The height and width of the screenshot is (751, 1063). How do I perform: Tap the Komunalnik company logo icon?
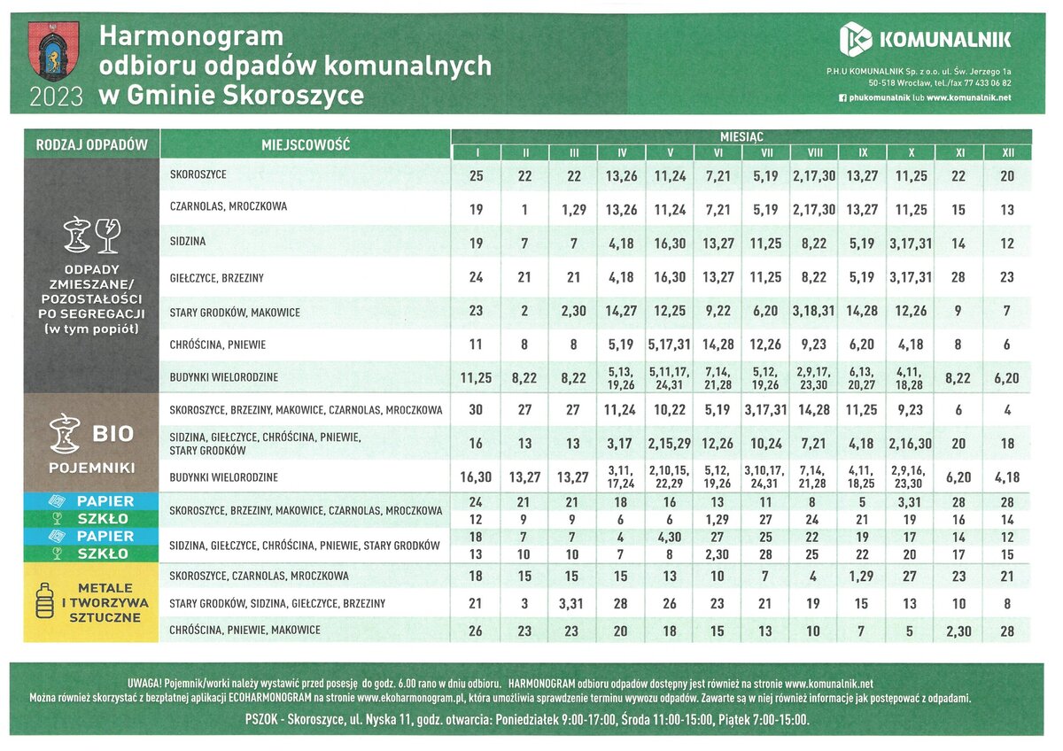856,39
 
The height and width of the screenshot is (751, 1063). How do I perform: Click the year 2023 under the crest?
56,97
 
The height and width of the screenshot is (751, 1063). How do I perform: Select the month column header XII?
1007,153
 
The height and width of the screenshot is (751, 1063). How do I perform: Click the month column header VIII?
814,153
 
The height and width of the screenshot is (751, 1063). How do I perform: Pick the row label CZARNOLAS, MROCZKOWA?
229,206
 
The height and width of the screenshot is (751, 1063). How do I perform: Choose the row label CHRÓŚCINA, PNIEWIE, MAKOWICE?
245,630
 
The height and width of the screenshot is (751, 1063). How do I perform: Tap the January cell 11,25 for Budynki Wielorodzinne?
477,378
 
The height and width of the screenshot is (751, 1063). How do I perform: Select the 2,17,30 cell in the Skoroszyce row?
814,176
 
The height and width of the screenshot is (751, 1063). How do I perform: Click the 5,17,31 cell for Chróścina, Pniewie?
670,345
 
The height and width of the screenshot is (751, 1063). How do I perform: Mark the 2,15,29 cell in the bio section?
670,443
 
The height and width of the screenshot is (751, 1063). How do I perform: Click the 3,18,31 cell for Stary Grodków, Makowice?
814,312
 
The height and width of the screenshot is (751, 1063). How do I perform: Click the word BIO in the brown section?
113,434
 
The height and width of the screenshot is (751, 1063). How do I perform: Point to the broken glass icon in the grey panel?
107,235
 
